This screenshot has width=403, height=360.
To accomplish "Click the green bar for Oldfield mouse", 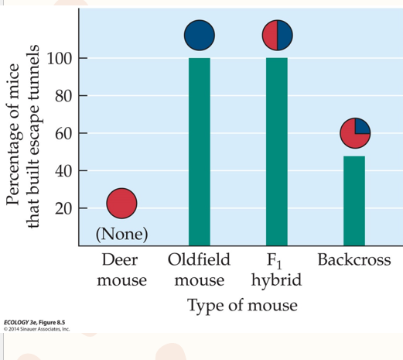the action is pyautogui.click(x=200, y=152).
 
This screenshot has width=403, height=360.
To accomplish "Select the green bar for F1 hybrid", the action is pyautogui.click(x=277, y=152).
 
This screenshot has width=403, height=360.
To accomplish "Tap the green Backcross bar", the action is pyautogui.click(x=354, y=201).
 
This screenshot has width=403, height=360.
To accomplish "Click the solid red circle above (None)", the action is pyautogui.click(x=121, y=204).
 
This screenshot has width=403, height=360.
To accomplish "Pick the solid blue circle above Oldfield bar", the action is pyautogui.click(x=200, y=35).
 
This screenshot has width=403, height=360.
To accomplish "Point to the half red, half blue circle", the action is pyautogui.click(x=278, y=35).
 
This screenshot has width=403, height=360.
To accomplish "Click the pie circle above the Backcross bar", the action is pyautogui.click(x=355, y=133).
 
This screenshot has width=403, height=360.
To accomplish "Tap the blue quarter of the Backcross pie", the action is pyautogui.click(x=361, y=127).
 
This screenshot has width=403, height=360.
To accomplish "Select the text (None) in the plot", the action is pyautogui.click(x=121, y=234).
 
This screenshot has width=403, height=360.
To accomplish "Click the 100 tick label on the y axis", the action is pyautogui.click(x=60, y=59).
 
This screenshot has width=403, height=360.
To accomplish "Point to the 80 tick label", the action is pyautogui.click(x=63, y=96).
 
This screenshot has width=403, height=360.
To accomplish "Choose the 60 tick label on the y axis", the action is pyautogui.click(x=63, y=134).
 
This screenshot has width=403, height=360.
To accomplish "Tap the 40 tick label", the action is pyautogui.click(x=63, y=171).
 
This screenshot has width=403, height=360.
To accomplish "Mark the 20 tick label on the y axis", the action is pyautogui.click(x=63, y=209).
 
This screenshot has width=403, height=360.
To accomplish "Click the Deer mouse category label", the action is pyautogui.click(x=121, y=269).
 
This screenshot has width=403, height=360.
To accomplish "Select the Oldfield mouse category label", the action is pyautogui.click(x=199, y=269).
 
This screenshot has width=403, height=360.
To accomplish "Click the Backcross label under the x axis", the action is pyautogui.click(x=354, y=259).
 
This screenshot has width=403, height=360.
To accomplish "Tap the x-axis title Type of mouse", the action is pyautogui.click(x=242, y=306).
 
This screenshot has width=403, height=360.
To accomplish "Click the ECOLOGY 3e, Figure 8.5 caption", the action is pyautogui.click(x=34, y=322).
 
